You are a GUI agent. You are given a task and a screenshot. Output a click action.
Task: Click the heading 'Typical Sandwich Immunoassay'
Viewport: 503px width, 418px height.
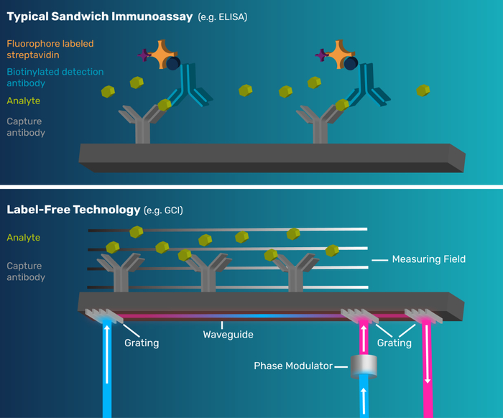(x=100, y=16)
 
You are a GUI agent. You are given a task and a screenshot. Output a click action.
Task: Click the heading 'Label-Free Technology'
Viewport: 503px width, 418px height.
(x=73, y=210)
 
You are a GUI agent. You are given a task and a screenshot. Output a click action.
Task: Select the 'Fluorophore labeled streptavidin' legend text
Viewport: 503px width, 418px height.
(x=50, y=50)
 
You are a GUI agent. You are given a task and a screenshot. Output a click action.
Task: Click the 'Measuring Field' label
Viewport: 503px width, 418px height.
(x=429, y=259)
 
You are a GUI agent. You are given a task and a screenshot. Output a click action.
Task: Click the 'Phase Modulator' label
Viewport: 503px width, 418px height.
(x=292, y=366)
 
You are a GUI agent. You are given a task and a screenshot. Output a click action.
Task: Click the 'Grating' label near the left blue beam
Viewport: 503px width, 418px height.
(x=142, y=343)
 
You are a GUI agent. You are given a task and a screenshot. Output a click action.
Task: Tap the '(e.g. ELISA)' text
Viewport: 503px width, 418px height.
(x=222, y=17)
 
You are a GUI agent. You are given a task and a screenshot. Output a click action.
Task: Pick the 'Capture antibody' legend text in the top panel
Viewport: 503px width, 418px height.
(x=26, y=127)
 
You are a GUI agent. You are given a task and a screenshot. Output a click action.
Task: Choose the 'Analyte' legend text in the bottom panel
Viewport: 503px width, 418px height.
(x=24, y=238)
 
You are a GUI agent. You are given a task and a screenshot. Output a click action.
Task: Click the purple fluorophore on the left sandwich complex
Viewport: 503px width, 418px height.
(x=145, y=55)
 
